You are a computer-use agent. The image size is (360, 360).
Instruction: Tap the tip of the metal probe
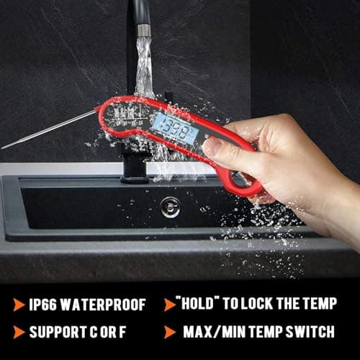coord(3,147)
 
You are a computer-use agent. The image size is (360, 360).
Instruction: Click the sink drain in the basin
coord(171,207)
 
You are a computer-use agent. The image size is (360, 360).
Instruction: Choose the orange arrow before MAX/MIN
coord(170,332)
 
